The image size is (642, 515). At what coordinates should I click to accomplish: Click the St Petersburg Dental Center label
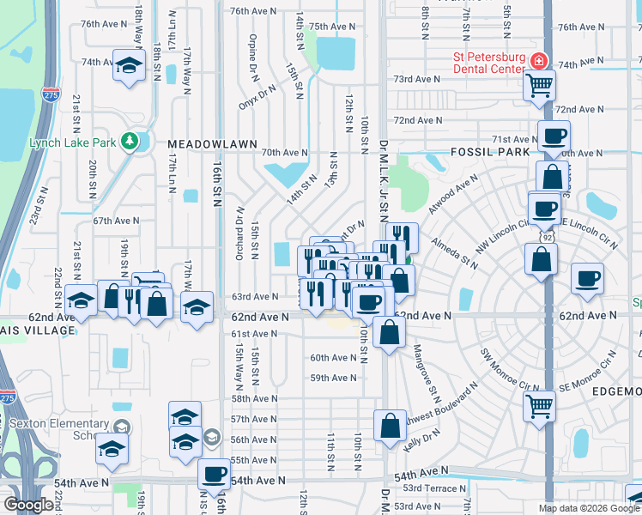488,63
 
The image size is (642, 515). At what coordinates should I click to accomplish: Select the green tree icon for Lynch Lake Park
130,140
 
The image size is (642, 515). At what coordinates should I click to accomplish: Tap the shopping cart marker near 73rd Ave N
540,84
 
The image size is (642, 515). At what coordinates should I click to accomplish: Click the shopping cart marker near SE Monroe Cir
540,405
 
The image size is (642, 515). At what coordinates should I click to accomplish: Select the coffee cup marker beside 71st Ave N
554,136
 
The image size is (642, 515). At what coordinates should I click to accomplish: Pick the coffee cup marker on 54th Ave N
214,473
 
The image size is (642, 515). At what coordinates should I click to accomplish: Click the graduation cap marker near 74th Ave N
129,66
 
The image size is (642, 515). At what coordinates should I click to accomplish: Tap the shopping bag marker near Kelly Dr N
390,425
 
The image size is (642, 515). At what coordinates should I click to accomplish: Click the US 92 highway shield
546,233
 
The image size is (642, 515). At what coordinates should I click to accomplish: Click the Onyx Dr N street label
257,96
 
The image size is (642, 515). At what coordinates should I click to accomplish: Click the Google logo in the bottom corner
29,505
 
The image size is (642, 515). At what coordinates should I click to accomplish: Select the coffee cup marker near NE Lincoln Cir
587,278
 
